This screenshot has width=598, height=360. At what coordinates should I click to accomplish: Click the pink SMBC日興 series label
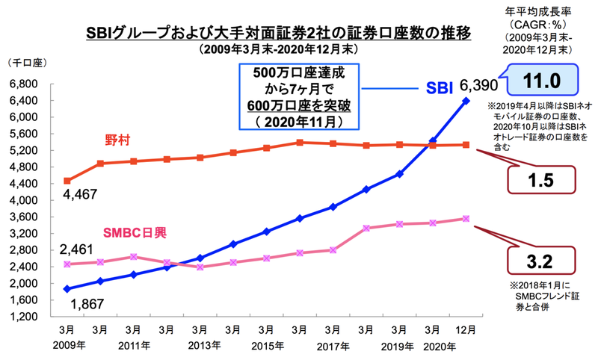135,232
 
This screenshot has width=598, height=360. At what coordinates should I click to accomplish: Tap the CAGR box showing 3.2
541,262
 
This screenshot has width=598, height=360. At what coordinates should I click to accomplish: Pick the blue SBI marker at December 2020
466,100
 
